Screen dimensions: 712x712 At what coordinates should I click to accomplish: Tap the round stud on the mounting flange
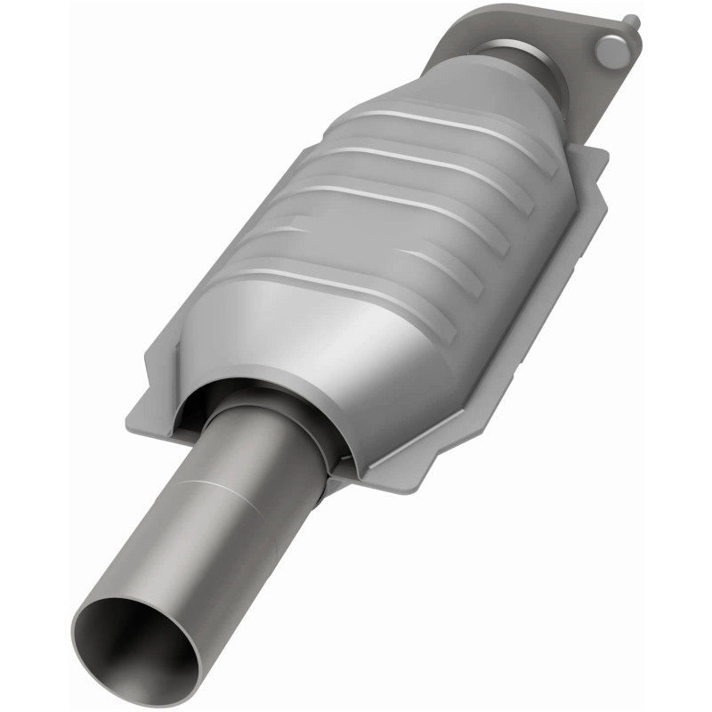pyautogui.click(x=613, y=53)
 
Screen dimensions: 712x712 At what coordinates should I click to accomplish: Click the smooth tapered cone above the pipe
pyautogui.click(x=294, y=347)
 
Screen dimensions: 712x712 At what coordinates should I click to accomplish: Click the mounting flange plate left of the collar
pyautogui.click(x=463, y=44)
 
